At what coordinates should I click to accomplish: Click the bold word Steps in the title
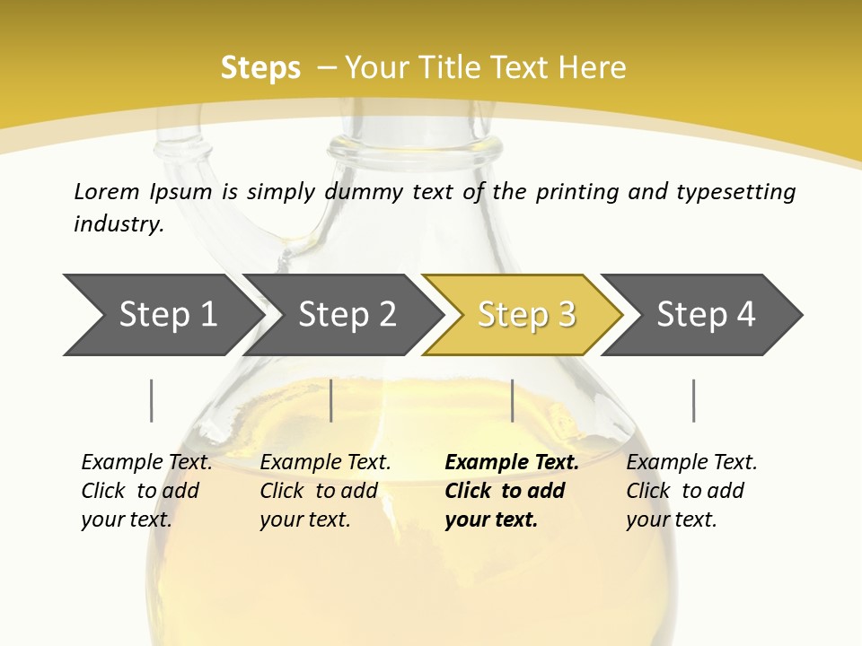pyautogui.click(x=260, y=68)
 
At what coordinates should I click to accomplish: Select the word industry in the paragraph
pyautogui.click(x=118, y=224)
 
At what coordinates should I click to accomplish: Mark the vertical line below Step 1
pyautogui.click(x=152, y=400)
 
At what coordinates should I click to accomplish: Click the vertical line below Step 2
pyautogui.click(x=331, y=400)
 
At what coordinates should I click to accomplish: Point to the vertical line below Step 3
pyautogui.click(x=512, y=400)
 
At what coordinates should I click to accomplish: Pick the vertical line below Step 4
pyautogui.click(x=693, y=400)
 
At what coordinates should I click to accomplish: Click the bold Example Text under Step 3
pyautogui.click(x=511, y=463)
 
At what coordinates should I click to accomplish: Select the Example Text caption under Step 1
pyautogui.click(x=146, y=463)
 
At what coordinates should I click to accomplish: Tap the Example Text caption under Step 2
pyautogui.click(x=325, y=463)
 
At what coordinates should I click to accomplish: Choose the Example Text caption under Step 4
pyautogui.click(x=691, y=463)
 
